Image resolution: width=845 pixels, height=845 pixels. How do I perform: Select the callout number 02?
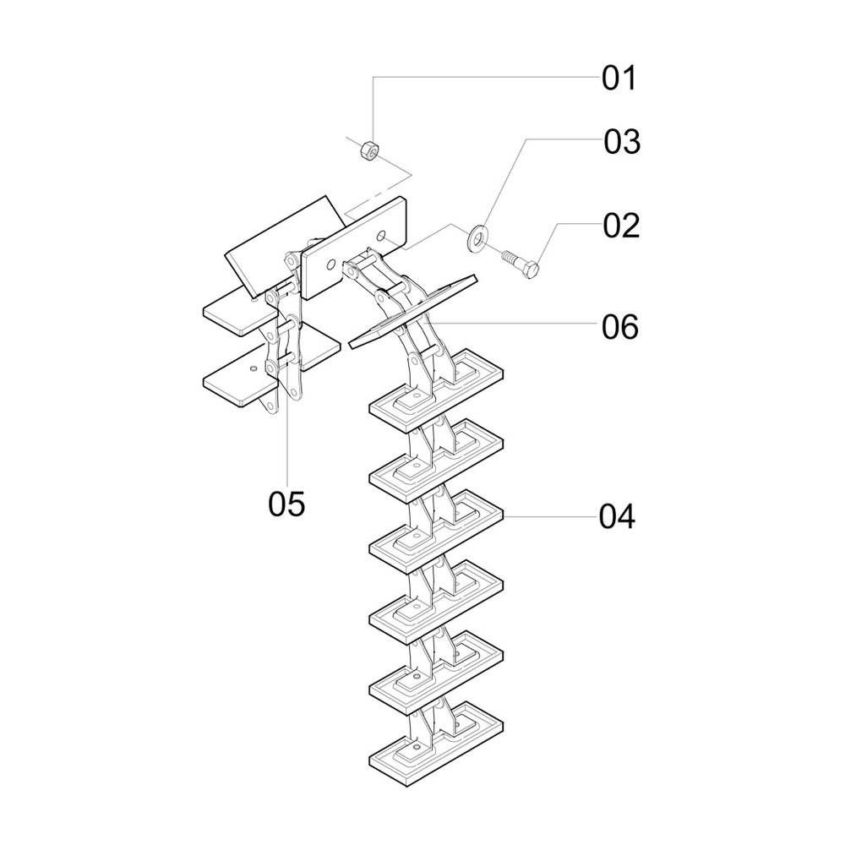click(621, 226)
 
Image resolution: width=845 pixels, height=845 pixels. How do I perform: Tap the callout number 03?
click(622, 142)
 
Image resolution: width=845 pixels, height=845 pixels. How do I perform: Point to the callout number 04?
click(617, 516)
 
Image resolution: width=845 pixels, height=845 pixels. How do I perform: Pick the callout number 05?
click(286, 504)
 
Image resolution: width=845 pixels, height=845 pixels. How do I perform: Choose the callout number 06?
click(619, 327)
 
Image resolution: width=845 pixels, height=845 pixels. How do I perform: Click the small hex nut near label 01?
click(368, 151)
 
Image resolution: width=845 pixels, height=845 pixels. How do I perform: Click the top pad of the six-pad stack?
click(435, 389)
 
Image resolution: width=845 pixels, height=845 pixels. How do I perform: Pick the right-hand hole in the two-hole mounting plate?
click(382, 232)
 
